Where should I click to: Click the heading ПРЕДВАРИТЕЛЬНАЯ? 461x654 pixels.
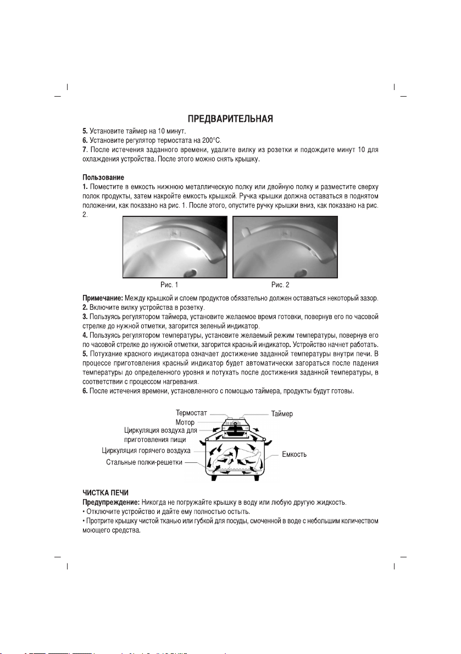click(230, 119)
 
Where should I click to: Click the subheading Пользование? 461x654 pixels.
click(102, 178)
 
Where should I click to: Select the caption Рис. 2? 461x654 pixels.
click(280, 285)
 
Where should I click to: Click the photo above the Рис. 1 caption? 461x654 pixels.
click(175, 247)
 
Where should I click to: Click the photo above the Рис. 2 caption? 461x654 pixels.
click(285, 247)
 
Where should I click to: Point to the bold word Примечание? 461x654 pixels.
click(105, 298)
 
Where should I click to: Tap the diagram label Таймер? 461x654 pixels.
click(282, 413)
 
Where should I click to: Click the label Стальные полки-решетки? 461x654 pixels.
click(145, 462)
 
